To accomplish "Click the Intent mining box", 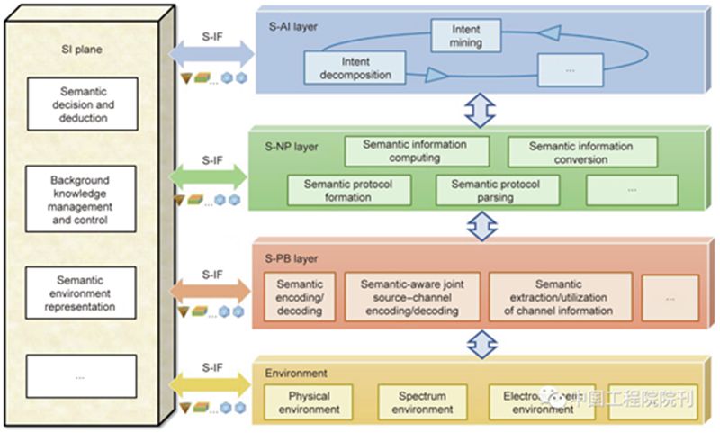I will click(466, 35).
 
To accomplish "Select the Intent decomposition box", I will click(355, 69).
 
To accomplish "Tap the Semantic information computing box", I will click(415, 151).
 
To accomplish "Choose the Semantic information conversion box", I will click(580, 152).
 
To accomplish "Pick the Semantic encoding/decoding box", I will click(300, 298).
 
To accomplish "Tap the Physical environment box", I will click(309, 401).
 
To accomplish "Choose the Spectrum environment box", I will click(422, 401).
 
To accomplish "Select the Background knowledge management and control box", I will click(82, 201).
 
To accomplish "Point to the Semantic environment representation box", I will click(82, 293).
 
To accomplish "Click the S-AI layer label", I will click(289, 26).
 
